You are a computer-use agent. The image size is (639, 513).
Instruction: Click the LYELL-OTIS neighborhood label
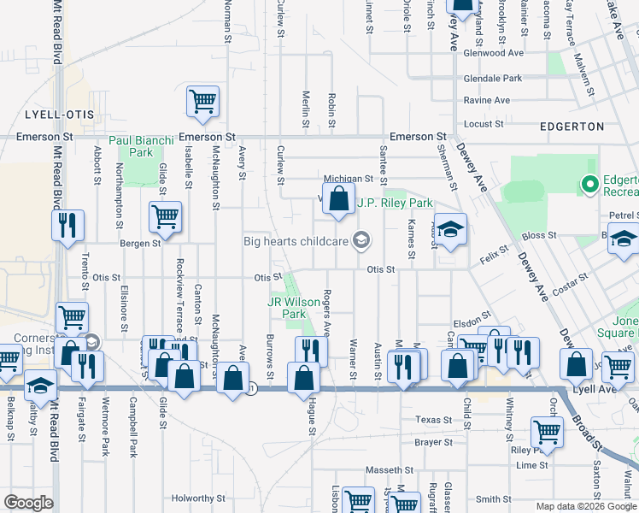point(58,115)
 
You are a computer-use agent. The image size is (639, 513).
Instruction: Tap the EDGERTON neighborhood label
point(572,127)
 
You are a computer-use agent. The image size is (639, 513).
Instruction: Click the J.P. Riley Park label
point(395,203)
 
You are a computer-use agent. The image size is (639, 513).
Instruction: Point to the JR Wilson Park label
point(287,308)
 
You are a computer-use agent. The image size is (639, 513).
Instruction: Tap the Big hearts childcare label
point(296,241)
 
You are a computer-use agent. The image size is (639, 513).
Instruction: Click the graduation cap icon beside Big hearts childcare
point(361,241)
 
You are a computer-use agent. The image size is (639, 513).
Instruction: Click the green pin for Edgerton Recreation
point(589,184)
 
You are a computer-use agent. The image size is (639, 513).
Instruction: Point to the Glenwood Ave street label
point(493,53)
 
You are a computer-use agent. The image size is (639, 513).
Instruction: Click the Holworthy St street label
point(197,498)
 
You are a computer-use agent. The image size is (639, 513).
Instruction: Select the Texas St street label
point(433,420)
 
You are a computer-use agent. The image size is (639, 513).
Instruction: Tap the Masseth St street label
point(390,470)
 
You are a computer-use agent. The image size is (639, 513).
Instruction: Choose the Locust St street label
point(484,124)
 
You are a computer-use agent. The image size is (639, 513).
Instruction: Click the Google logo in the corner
point(28,504)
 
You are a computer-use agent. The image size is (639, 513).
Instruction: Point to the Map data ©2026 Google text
point(586,506)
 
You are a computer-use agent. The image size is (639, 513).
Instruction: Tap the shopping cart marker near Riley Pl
point(546,433)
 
